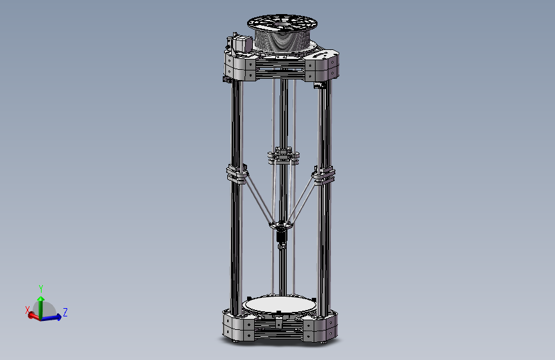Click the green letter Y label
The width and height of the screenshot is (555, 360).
point(41,288)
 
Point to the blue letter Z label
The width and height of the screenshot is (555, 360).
point(65,312)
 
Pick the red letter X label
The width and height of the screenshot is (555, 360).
point(28,309)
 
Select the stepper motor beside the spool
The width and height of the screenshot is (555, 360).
point(239,45)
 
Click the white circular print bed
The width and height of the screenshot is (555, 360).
point(280,304)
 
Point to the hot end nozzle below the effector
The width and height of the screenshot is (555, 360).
point(280,244)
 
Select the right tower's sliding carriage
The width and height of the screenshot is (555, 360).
point(323,174)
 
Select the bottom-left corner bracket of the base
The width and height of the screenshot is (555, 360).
point(238,326)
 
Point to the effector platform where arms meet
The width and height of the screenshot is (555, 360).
point(280,225)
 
